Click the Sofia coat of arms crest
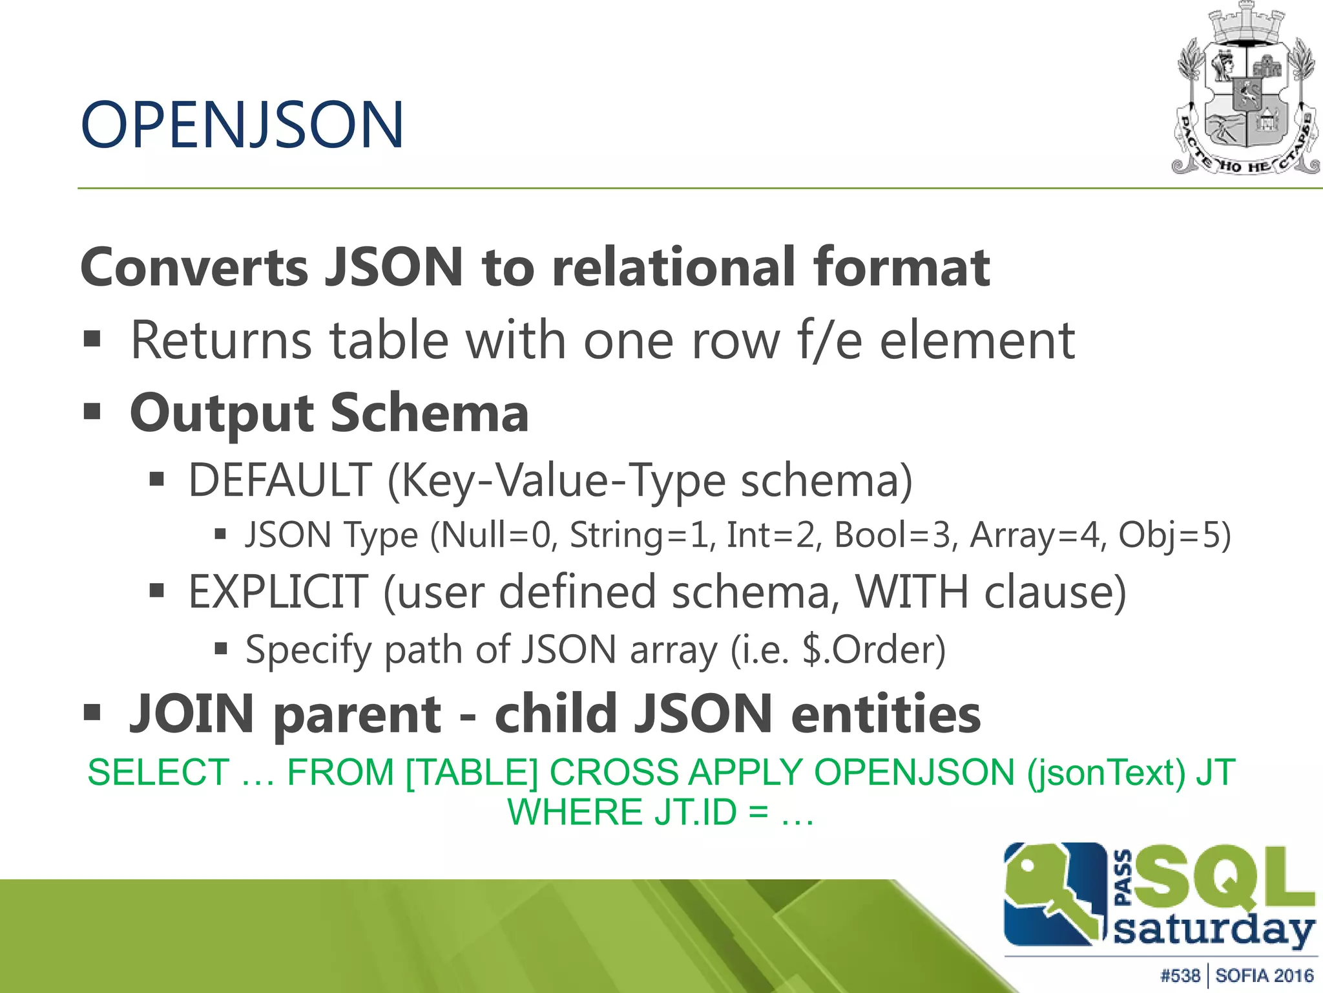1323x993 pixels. point(1245,91)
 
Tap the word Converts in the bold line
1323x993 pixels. point(194,267)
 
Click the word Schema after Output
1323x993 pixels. point(430,413)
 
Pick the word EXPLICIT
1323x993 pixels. point(278,592)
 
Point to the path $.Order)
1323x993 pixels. point(873,650)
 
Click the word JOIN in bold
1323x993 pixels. point(192,714)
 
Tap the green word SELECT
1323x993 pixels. point(158,773)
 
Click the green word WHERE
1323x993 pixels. point(575,813)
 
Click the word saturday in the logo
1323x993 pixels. point(1214,931)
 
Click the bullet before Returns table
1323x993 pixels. point(92,339)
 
